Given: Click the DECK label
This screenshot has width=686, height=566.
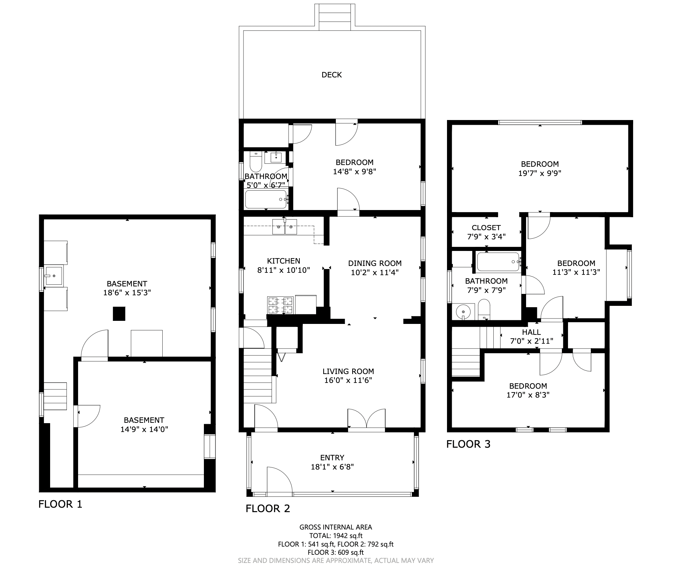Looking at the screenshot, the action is pyautogui.click(x=331, y=75).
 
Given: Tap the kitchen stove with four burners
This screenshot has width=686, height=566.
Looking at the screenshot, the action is pyautogui.click(x=280, y=305).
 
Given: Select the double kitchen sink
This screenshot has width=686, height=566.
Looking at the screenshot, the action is pyautogui.click(x=284, y=227).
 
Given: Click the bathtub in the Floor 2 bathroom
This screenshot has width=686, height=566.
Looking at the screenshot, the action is pyautogui.click(x=266, y=199).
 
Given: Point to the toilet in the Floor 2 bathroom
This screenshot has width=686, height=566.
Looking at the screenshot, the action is pyautogui.click(x=255, y=162).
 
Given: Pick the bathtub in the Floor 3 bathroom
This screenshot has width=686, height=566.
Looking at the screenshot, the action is pyautogui.click(x=498, y=262).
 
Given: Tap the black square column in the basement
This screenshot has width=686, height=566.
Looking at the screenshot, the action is pyautogui.click(x=119, y=314).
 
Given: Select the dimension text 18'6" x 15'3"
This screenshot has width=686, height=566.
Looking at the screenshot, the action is pyautogui.click(x=127, y=293).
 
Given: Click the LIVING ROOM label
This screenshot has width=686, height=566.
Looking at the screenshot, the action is pyautogui.click(x=348, y=371).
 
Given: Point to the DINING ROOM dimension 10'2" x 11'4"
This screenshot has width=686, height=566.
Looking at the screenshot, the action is pyautogui.click(x=375, y=272).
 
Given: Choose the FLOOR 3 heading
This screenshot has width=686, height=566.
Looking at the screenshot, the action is pyautogui.click(x=468, y=444).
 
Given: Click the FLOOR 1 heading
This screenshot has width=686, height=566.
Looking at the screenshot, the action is pyautogui.click(x=60, y=504).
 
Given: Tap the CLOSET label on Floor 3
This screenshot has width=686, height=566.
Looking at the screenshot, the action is pyautogui.click(x=486, y=227).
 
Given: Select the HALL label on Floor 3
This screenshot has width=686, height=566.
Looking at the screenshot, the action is pyautogui.click(x=531, y=332).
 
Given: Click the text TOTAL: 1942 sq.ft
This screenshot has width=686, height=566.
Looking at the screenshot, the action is pyautogui.click(x=336, y=536).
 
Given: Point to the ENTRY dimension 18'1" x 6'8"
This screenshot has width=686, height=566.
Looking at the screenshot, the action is pyautogui.click(x=332, y=467).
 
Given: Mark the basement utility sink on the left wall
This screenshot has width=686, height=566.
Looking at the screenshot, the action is pyautogui.click(x=54, y=275).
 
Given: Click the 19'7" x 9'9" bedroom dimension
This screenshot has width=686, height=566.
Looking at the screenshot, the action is pyautogui.click(x=540, y=173).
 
